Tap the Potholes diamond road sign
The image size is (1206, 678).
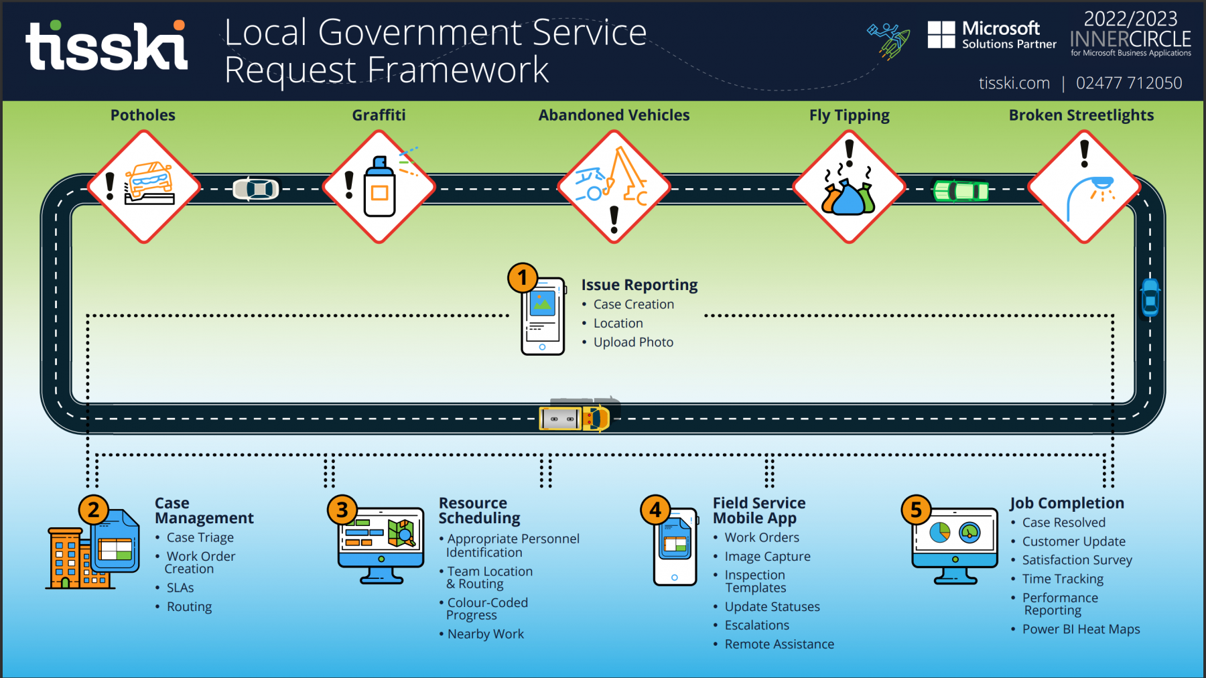click(x=143, y=187)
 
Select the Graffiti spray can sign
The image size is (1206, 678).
click(x=379, y=187)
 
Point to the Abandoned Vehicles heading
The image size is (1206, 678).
click(x=614, y=115)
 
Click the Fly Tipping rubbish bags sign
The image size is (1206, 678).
click(x=849, y=187)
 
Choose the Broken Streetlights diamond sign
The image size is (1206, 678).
click(x=1084, y=187)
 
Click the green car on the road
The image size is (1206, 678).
click(x=961, y=191)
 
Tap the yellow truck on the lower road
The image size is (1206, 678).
click(x=575, y=418)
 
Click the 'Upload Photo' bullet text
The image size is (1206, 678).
click(x=633, y=342)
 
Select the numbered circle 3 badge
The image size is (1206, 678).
click(x=342, y=510)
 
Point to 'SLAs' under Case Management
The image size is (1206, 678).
click(x=180, y=588)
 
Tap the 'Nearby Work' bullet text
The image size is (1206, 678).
click(x=486, y=634)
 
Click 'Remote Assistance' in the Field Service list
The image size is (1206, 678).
click(x=779, y=644)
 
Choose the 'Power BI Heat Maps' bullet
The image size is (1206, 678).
click(x=1081, y=629)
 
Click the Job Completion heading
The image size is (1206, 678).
click(x=1067, y=503)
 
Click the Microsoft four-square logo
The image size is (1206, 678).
click(x=941, y=35)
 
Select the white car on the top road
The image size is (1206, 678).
click(x=256, y=190)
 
